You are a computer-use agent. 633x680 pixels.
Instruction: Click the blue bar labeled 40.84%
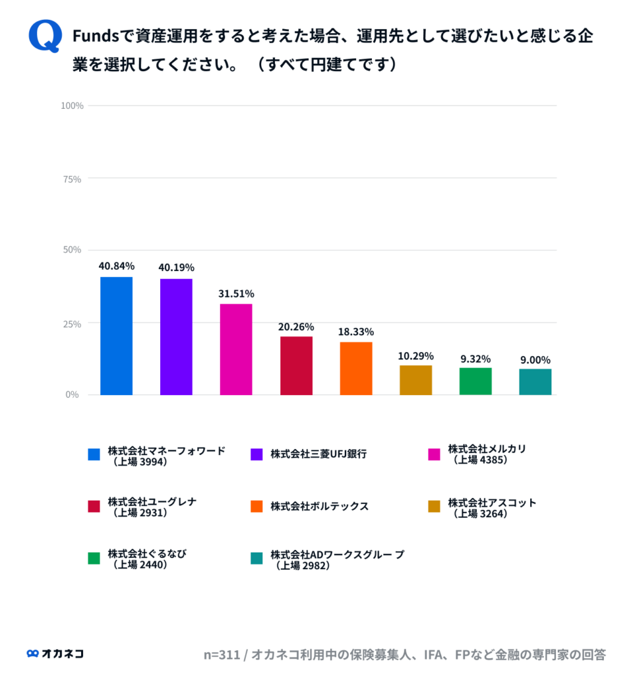point(116,335)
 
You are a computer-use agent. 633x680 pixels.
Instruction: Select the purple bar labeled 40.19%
point(176,337)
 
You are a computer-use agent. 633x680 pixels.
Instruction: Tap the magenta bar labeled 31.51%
point(236,349)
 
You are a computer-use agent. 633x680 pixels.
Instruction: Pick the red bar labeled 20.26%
point(296,365)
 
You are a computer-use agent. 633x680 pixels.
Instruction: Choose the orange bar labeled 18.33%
point(356,368)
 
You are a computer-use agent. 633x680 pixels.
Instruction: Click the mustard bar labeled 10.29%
point(416,380)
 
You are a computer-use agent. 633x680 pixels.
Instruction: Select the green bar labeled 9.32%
point(476,381)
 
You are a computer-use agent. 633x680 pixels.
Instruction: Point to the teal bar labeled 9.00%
point(535,382)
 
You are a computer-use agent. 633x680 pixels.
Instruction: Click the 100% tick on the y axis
point(71,106)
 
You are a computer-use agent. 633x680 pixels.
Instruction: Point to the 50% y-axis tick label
point(72,250)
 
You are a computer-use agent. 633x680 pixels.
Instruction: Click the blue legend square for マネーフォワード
point(94,454)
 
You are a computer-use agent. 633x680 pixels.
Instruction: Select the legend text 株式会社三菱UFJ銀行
point(318,454)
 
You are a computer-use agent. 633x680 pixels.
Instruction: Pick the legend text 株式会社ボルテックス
point(319,506)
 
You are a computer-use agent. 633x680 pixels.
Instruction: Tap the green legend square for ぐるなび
point(94,558)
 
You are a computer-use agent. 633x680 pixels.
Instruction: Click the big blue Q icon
point(45,36)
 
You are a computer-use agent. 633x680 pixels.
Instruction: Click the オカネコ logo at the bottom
point(55,653)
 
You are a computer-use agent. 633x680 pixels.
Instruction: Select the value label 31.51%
point(236,294)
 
